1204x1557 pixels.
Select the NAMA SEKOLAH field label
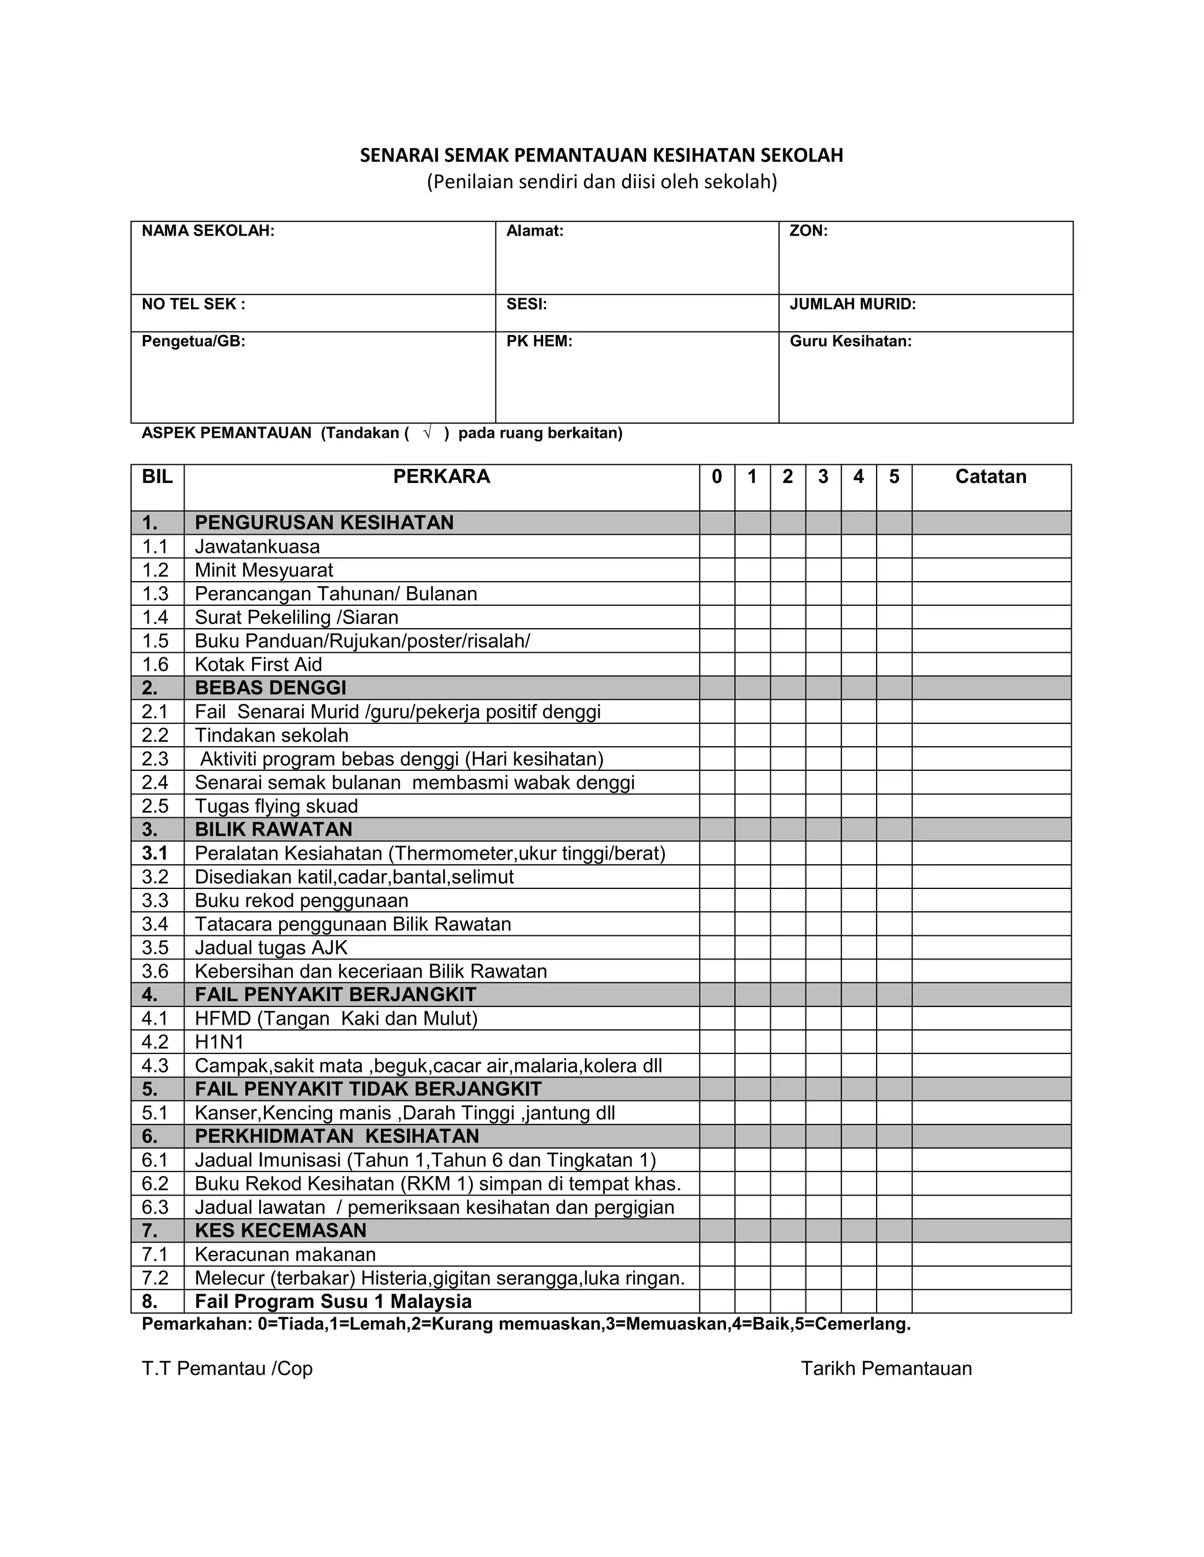[x=208, y=231]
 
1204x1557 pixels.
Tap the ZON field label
[x=808, y=231]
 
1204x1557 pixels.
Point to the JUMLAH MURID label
[x=852, y=304]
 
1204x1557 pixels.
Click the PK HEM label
[x=539, y=341]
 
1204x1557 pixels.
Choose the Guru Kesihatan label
[x=850, y=341]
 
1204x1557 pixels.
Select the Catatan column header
[x=991, y=477]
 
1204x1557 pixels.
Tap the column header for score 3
[x=823, y=477]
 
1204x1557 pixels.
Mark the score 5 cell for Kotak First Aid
[x=894, y=665]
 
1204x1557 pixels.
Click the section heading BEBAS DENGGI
[x=270, y=688]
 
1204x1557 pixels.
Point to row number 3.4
[x=155, y=924]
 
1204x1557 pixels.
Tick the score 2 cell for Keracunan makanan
[x=787, y=1255]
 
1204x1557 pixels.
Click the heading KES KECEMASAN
[x=280, y=1230]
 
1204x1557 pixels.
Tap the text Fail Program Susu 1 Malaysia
[x=333, y=1302]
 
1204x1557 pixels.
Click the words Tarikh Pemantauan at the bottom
[x=886, y=1369]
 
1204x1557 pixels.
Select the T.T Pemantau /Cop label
[x=227, y=1369]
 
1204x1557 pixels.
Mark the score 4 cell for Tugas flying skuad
[x=858, y=806]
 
